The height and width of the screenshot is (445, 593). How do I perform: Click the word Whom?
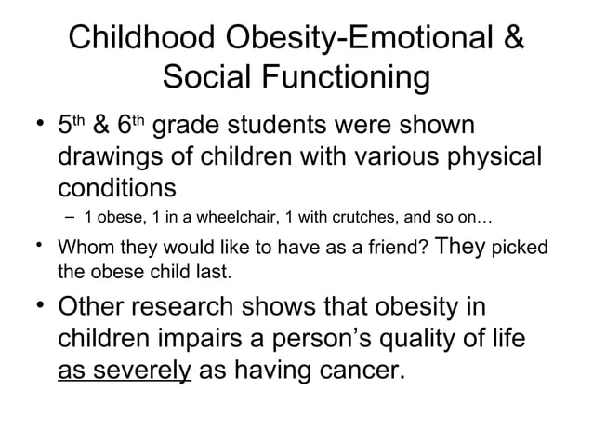tap(86, 249)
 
